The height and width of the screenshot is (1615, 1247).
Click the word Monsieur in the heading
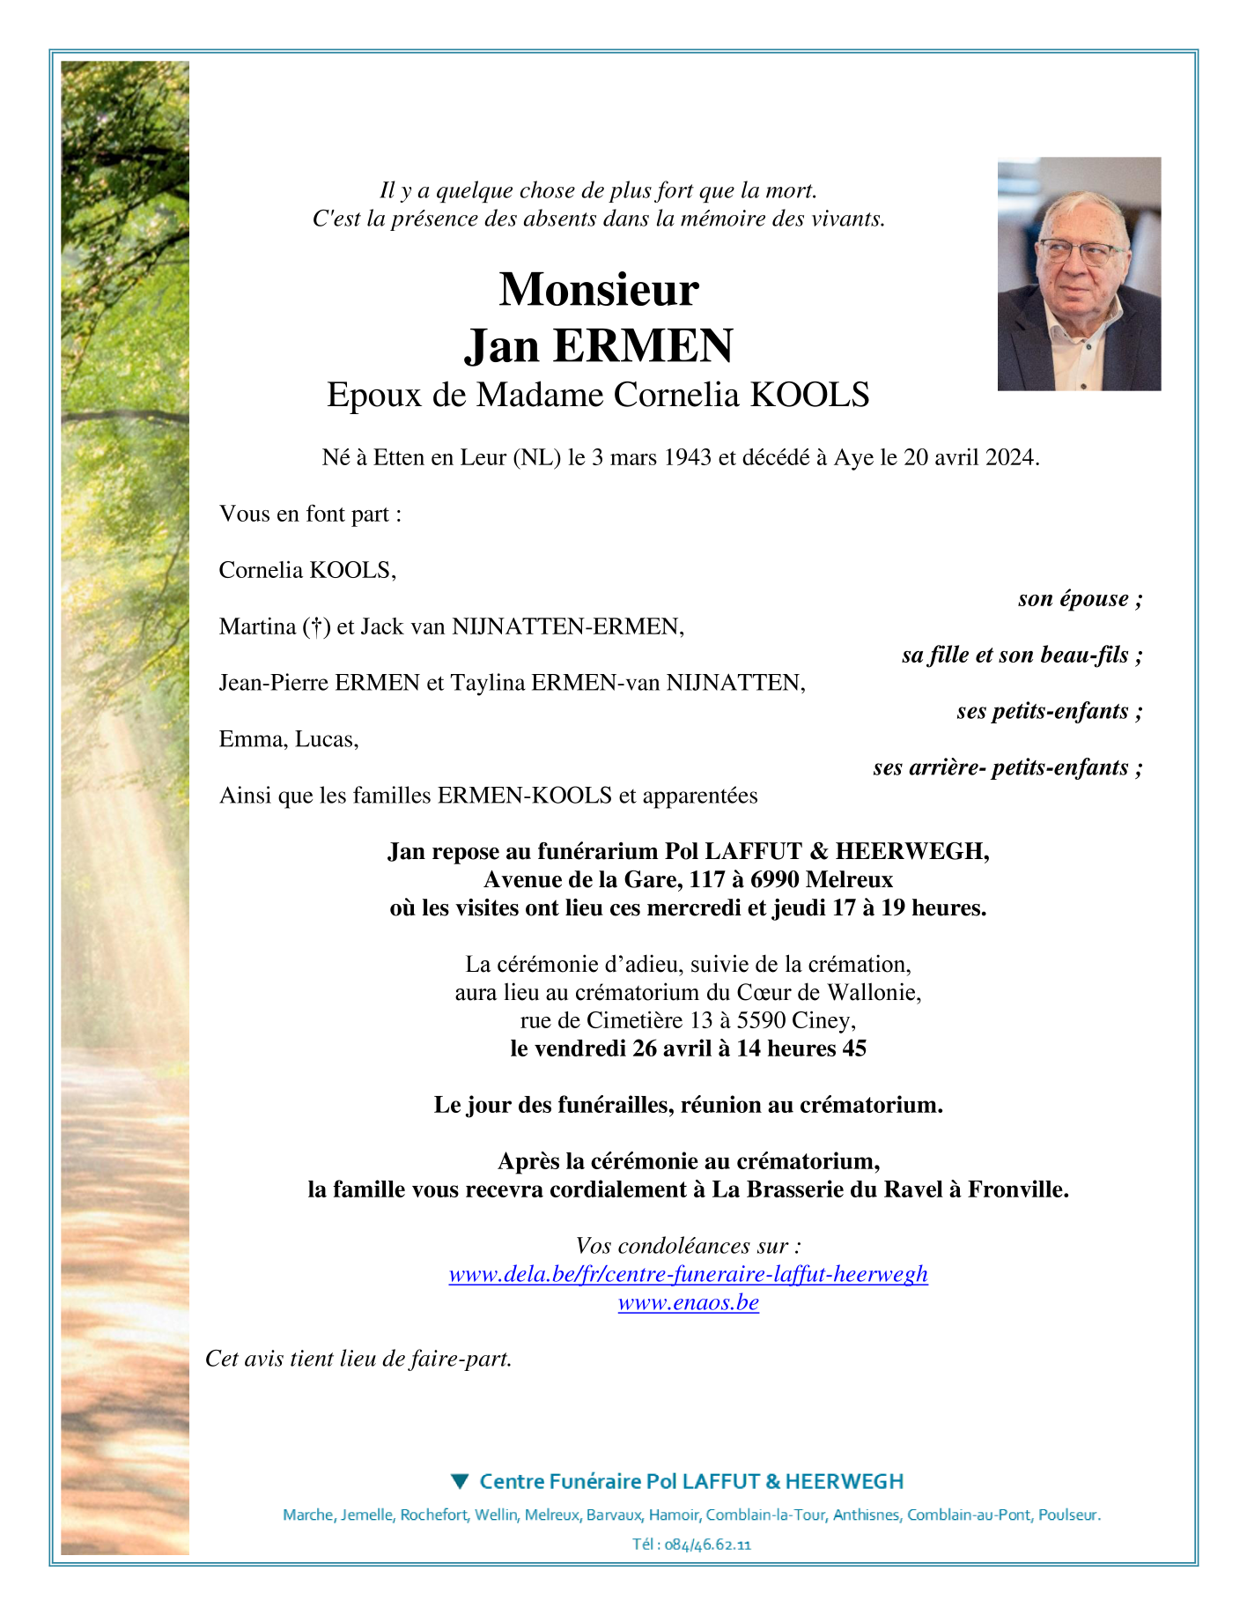click(599, 290)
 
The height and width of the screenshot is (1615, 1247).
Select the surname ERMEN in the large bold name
click(655, 345)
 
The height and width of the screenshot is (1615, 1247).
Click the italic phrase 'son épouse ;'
click(1080, 599)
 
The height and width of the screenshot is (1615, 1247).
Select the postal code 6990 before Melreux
click(775, 879)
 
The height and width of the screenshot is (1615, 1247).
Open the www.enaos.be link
click(688, 1302)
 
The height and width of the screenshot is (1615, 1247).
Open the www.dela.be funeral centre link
click(688, 1274)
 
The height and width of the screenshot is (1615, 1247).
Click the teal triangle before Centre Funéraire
click(460, 1481)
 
